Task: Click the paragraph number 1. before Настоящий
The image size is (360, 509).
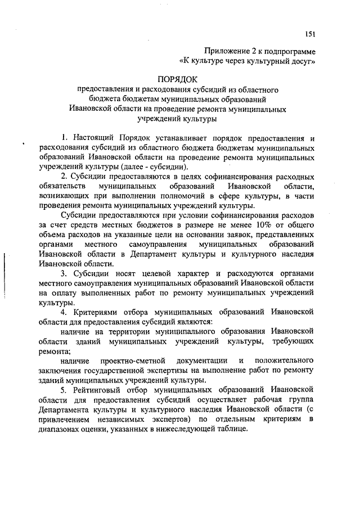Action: [x=65, y=138]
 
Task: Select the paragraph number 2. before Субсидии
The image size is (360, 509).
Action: [x=65, y=177]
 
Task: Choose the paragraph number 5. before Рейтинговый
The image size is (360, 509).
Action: [x=65, y=390]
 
